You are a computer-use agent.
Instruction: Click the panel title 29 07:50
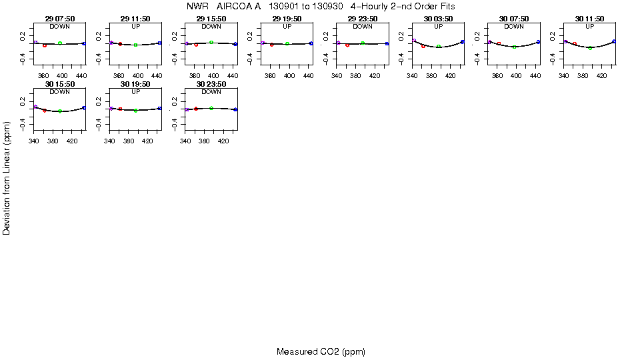(x=59, y=19)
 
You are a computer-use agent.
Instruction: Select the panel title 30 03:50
(x=438, y=19)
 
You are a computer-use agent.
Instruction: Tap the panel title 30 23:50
(x=211, y=84)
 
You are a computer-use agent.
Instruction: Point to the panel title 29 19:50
(x=287, y=19)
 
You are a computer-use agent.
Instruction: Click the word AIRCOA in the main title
(x=234, y=6)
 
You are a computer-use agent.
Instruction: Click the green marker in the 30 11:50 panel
(x=590, y=49)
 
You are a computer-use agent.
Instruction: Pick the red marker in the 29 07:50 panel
(x=45, y=45)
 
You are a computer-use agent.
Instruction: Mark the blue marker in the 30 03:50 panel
(x=462, y=42)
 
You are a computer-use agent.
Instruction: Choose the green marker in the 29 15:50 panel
(x=211, y=42)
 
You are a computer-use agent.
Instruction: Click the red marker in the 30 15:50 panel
(x=45, y=111)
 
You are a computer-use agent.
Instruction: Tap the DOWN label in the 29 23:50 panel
(x=363, y=26)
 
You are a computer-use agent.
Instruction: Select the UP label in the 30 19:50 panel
(x=135, y=91)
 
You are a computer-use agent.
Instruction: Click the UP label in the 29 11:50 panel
(x=135, y=26)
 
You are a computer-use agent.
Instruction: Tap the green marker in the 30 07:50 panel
(x=514, y=47)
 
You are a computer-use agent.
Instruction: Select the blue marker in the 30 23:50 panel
(x=235, y=109)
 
